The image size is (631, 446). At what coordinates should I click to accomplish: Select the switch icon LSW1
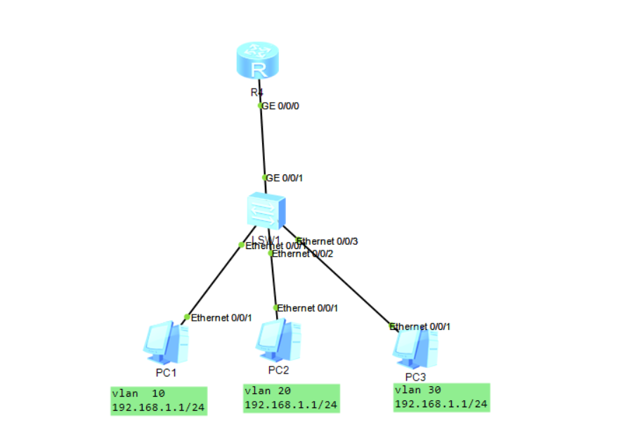click(x=266, y=209)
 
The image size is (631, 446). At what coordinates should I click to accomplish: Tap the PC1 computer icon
click(x=165, y=342)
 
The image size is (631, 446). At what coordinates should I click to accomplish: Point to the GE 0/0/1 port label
click(x=285, y=178)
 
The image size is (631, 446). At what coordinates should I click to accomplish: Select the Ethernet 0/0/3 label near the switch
click(x=328, y=241)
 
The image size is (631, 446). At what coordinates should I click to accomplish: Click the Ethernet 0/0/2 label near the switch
click(x=303, y=254)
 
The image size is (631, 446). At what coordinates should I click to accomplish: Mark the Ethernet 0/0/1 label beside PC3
click(x=420, y=326)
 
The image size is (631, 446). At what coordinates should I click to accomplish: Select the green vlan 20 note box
click(x=292, y=398)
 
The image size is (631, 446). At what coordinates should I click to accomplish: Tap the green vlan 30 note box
click(x=441, y=397)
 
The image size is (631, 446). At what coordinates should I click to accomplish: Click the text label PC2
click(x=279, y=369)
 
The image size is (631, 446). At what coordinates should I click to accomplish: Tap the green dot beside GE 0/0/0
click(x=261, y=106)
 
